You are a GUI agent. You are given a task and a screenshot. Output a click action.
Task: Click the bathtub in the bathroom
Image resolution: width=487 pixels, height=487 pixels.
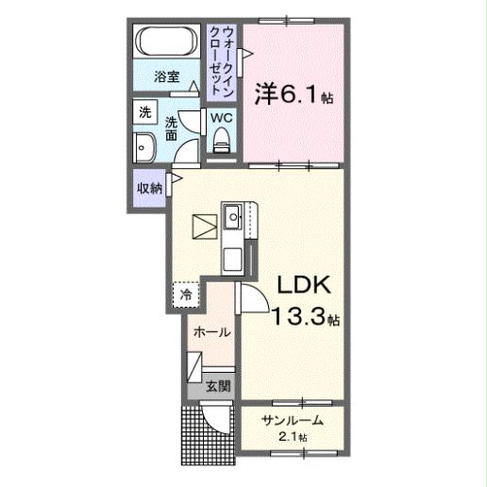(x=167, y=43)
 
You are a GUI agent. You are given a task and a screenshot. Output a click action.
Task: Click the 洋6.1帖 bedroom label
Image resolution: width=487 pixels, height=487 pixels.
(x=293, y=93)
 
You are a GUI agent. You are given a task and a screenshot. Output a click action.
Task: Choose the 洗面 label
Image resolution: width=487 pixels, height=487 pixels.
(x=173, y=128)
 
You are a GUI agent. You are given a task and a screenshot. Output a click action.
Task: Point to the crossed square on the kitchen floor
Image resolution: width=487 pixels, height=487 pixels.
(x=202, y=227)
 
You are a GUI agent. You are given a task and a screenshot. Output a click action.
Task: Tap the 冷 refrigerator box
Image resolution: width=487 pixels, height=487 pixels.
(x=186, y=294)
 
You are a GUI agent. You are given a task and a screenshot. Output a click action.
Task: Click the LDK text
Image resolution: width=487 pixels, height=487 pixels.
(x=299, y=286)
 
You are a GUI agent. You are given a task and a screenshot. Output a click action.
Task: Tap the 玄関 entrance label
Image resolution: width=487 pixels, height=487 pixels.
(x=218, y=386)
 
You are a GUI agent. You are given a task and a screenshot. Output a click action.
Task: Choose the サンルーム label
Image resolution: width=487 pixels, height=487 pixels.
(x=293, y=420)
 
